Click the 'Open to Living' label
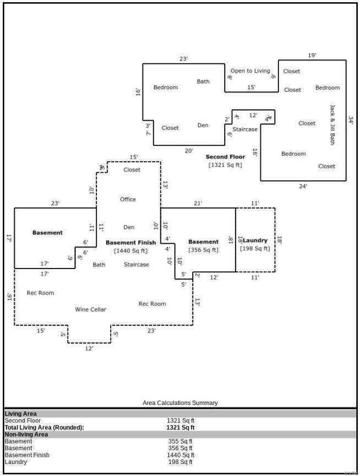tap(250, 71)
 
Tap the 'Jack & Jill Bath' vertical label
tap(332, 124)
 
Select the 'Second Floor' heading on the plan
tap(225, 157)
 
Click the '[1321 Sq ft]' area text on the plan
tap(225, 165)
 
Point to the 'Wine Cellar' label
tap(91, 309)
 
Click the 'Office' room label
tap(128, 199)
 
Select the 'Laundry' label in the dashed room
tap(255, 240)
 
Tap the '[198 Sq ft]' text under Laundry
tap(255, 249)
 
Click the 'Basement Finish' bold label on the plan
tap(130, 242)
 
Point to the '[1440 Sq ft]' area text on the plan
tap(130, 251)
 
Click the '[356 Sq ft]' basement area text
tap(203, 250)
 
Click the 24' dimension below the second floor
tap(303, 186)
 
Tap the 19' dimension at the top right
tap(312, 56)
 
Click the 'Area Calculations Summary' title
tap(180, 403)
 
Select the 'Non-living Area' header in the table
tap(26, 434)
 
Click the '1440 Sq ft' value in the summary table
tap(181, 455)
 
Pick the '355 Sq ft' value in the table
tap(181, 441)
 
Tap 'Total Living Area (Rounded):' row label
tap(45, 427)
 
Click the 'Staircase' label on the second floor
tap(245, 129)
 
